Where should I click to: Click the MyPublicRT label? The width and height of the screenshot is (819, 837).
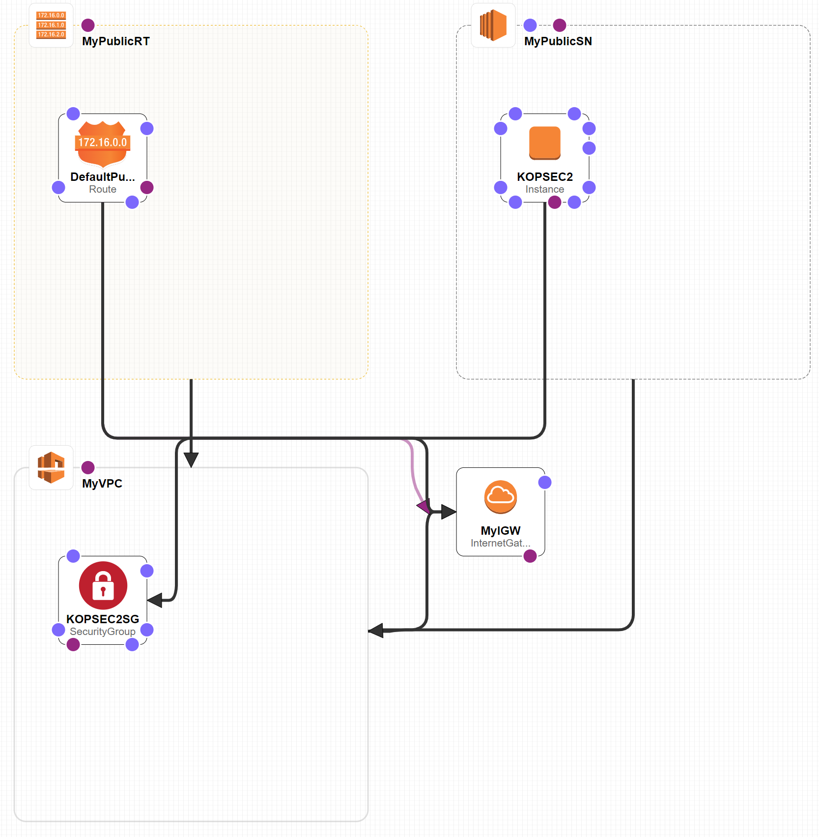(x=115, y=41)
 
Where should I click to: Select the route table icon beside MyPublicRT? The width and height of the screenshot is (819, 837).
(x=51, y=25)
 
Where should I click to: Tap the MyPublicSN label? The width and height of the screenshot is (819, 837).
(x=558, y=41)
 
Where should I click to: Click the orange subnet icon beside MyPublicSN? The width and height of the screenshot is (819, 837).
(x=493, y=25)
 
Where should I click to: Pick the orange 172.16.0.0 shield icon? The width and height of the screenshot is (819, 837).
(x=103, y=144)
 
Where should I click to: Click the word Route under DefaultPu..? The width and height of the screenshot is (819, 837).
(x=103, y=189)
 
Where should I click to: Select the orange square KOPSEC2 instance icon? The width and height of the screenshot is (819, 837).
(x=545, y=143)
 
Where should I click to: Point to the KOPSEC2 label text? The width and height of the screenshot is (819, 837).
(x=545, y=177)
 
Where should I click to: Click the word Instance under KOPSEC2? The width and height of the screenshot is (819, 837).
(x=545, y=189)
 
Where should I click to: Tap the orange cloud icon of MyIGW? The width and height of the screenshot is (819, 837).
(x=501, y=497)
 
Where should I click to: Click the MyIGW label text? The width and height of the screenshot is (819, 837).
(x=501, y=531)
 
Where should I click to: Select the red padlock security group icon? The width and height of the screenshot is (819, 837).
(x=103, y=585)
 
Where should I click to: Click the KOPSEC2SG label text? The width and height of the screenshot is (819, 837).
(x=103, y=619)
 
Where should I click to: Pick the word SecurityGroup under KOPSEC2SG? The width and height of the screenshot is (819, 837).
(x=103, y=632)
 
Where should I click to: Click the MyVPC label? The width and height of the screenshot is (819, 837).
(x=102, y=484)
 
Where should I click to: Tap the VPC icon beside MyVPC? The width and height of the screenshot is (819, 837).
(x=51, y=467)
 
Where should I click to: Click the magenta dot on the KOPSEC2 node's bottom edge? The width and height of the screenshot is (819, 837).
(x=555, y=202)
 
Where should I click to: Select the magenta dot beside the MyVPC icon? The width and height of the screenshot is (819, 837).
(x=88, y=467)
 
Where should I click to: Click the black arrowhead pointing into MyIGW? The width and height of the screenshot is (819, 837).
(x=449, y=512)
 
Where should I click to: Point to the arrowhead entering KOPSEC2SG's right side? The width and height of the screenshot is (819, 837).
(x=155, y=600)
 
